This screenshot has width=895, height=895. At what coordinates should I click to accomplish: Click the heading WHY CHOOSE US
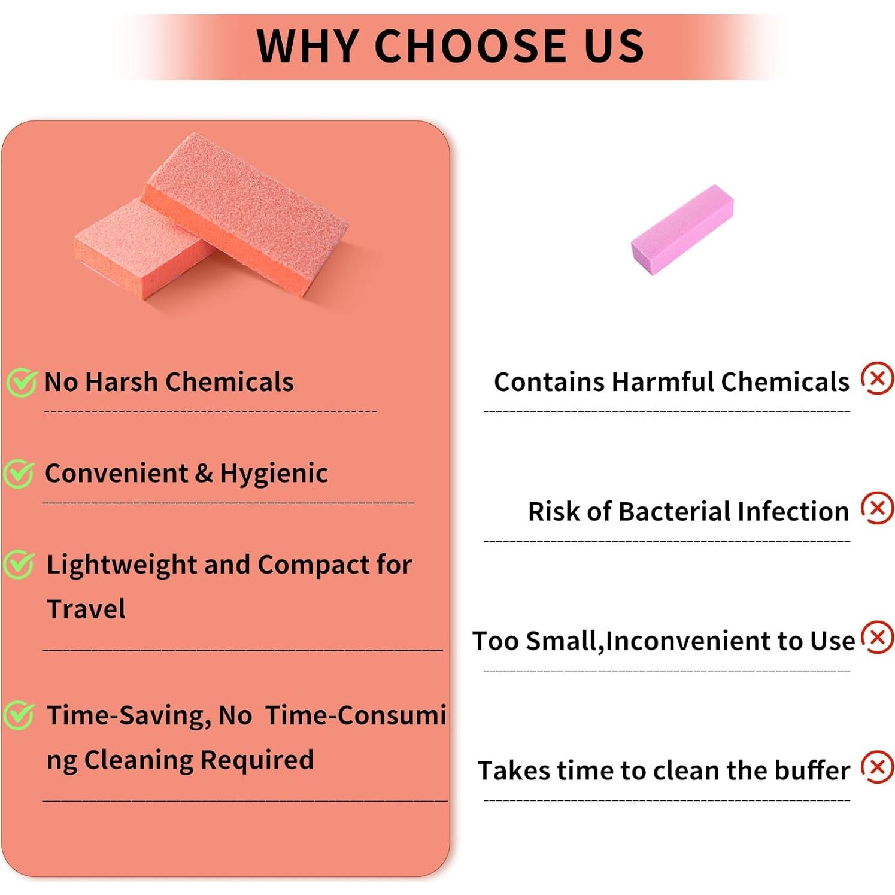tap(450, 46)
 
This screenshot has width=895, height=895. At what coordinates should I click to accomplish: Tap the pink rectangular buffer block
tap(682, 229)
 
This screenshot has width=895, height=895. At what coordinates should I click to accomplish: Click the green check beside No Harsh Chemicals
tap(22, 383)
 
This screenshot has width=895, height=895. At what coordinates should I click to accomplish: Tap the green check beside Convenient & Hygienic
tap(19, 474)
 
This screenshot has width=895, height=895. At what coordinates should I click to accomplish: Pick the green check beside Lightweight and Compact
tap(19, 565)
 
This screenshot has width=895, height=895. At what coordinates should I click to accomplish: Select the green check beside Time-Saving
tap(19, 715)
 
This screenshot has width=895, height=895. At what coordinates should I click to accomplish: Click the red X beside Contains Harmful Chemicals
tap(878, 378)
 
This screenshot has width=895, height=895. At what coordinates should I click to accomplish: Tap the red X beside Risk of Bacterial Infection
tap(878, 508)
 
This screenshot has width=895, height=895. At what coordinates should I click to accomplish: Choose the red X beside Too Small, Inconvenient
tap(878, 637)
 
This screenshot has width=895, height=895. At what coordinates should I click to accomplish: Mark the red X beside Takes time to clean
tap(878, 767)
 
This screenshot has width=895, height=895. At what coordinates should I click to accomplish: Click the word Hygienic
tap(274, 474)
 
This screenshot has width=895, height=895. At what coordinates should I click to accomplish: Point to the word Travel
tap(86, 609)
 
